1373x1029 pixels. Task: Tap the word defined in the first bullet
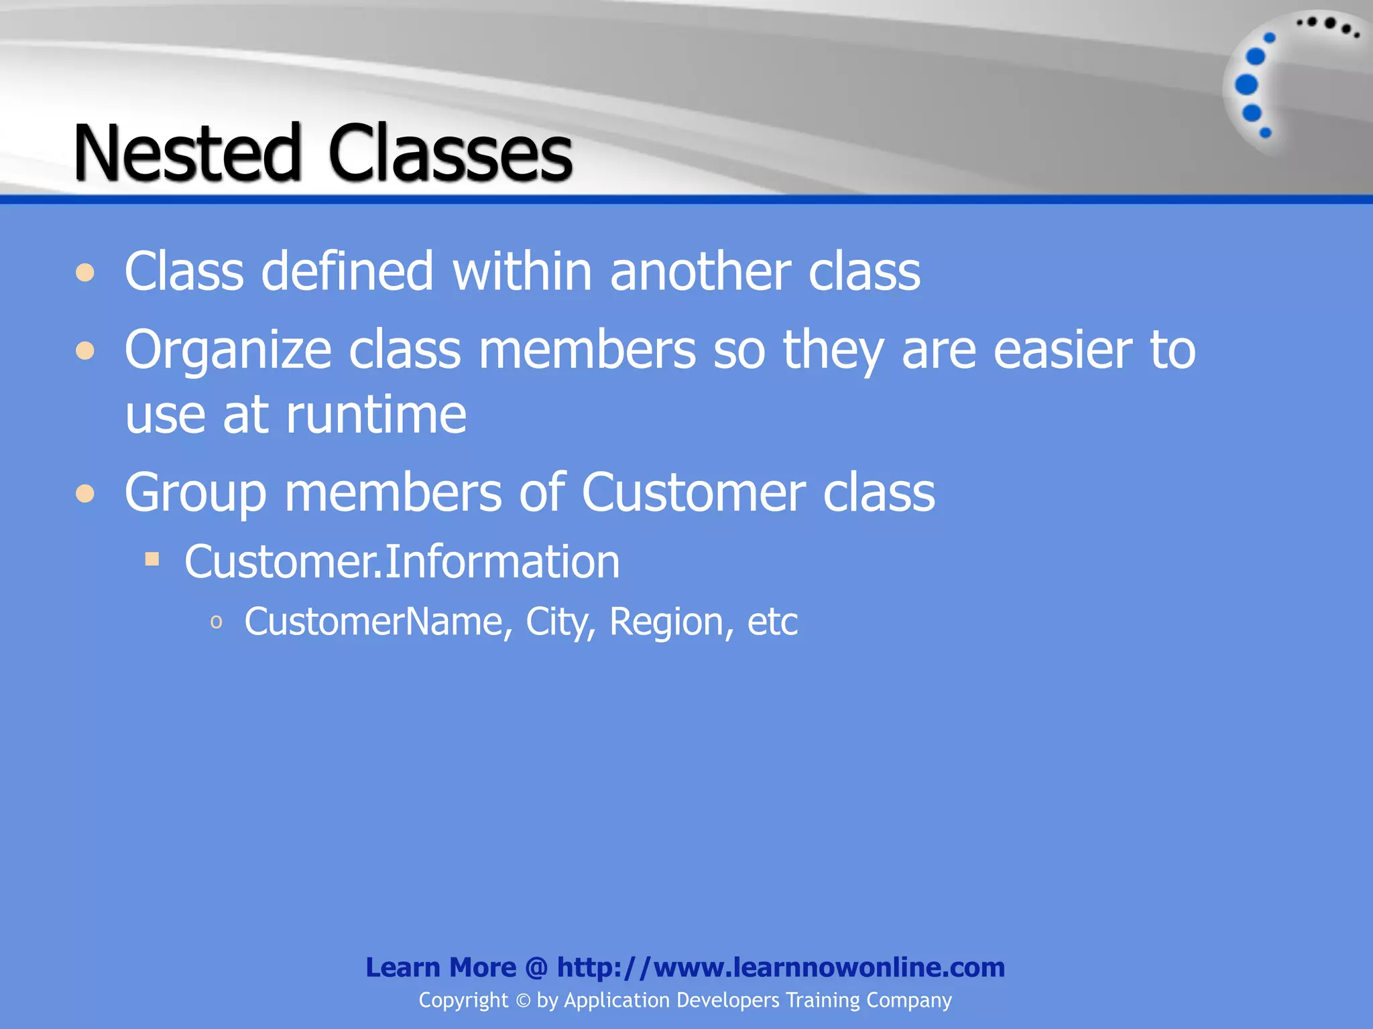point(347,271)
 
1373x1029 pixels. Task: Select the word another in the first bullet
point(700,271)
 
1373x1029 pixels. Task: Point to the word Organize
point(228,350)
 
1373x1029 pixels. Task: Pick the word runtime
point(376,415)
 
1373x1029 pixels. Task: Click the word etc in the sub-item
point(772,622)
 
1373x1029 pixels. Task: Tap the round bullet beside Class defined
point(85,273)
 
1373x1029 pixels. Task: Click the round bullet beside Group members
point(85,494)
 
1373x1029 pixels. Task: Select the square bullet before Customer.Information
point(152,559)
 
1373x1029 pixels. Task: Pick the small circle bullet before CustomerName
point(216,622)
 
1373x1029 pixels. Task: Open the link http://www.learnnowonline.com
point(781,967)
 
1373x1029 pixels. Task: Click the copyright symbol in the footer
point(523,1001)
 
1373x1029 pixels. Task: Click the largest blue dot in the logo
point(1246,85)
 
